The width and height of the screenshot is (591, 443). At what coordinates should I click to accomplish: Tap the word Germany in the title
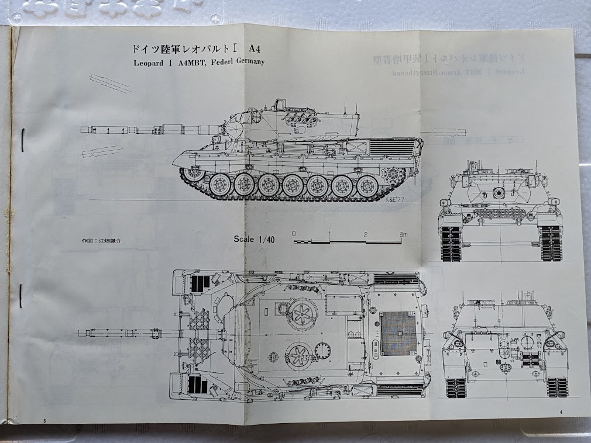(248, 61)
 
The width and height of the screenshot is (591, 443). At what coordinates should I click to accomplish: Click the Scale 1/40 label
(254, 238)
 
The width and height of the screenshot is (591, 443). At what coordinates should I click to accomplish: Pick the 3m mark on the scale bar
(403, 234)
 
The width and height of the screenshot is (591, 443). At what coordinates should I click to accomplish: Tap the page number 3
(44, 420)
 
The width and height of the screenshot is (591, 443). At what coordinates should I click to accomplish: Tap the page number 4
(561, 413)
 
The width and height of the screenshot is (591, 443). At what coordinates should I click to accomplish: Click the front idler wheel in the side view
(191, 173)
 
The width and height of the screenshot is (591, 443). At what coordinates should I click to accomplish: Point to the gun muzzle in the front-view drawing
(499, 192)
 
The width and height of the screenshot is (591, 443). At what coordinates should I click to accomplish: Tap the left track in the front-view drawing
(451, 242)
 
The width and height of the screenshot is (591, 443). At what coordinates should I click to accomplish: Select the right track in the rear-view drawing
(556, 386)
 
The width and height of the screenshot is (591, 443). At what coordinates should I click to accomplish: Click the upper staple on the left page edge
(22, 140)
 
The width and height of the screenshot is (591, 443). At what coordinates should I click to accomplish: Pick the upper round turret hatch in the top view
(303, 313)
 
